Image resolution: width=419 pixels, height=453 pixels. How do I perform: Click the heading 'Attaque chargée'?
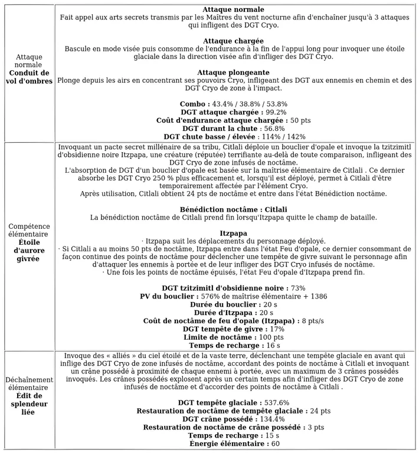(233, 41)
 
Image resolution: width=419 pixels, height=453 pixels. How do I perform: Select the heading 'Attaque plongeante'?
(233, 72)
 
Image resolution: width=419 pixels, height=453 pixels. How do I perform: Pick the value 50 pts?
(300, 120)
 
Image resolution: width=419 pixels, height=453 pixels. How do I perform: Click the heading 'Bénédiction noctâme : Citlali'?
(233, 209)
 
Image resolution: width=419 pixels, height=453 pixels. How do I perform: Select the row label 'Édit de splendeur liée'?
(28, 403)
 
